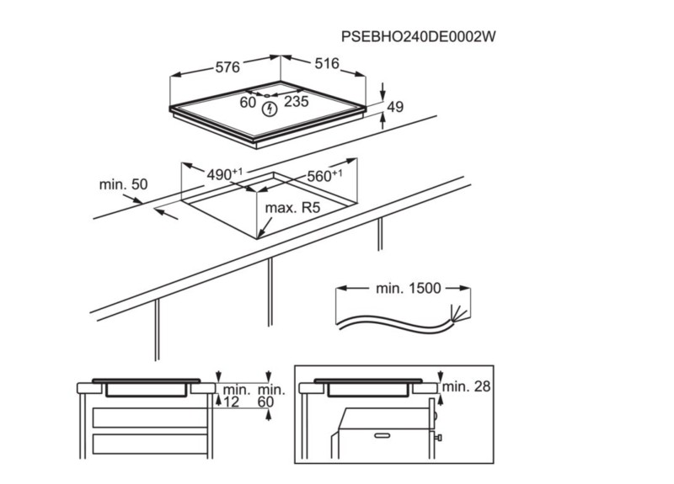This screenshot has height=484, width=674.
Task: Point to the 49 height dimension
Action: coord(395,107)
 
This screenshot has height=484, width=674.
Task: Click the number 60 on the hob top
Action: coord(247,102)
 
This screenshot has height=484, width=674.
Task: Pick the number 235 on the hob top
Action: coord(296,102)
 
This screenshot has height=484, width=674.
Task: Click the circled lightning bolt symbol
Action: coord(270,109)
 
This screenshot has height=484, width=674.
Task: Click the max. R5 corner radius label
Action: coord(293,207)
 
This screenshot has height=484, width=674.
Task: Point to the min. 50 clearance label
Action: coord(122,184)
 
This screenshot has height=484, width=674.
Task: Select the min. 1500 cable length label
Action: coord(408,288)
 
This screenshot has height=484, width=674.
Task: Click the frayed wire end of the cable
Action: coord(459,315)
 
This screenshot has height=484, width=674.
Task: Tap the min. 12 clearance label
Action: coord(235,396)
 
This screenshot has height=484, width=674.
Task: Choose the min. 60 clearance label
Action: coord(270,396)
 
